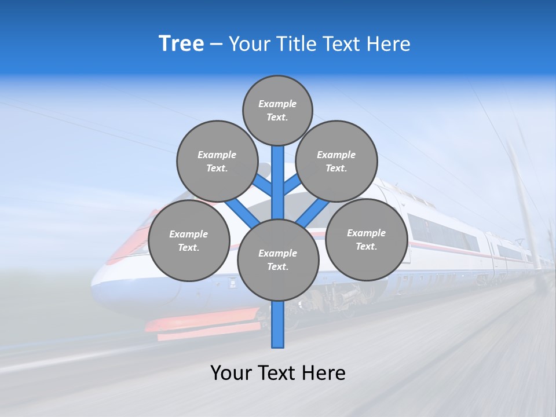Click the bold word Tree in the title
tap(181, 44)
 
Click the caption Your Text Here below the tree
tap(278, 373)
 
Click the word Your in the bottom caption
tap(231, 373)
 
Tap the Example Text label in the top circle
tap(277, 111)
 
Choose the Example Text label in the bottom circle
tap(278, 259)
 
